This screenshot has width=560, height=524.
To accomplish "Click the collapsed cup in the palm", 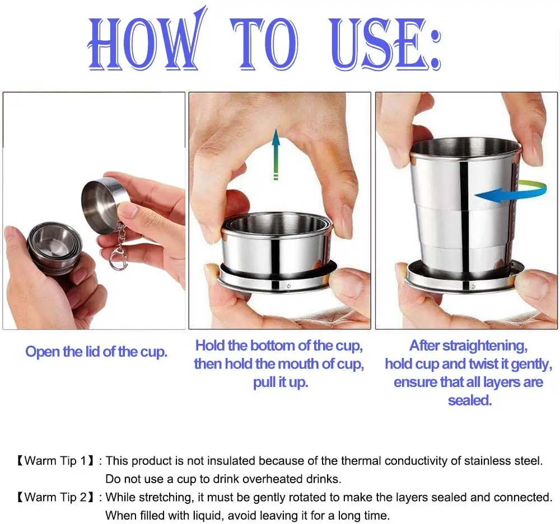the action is pos(55,248).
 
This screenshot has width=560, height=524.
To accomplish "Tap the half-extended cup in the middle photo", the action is pos(278,253).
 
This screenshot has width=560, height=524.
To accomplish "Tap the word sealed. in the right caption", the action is pos(470,400).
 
